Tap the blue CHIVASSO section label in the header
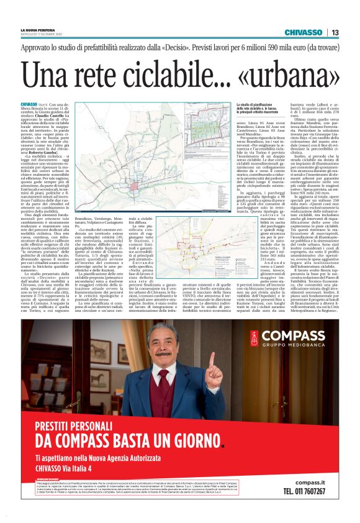click(x=303, y=32)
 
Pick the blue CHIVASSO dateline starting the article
click(x=29, y=104)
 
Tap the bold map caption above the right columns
click(x=270, y=108)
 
